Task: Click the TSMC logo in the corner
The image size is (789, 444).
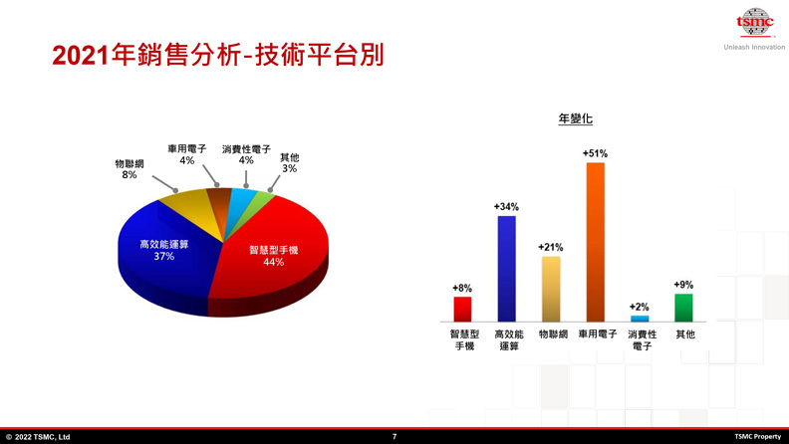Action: click(754, 22)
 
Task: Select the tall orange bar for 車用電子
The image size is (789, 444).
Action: click(595, 241)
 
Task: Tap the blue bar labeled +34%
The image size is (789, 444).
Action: click(506, 268)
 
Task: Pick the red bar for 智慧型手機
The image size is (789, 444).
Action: click(462, 309)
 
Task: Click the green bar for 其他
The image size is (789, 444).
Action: click(683, 308)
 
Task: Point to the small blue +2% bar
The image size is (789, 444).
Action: click(640, 319)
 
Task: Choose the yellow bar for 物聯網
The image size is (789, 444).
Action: click(550, 289)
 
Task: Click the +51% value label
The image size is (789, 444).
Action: click(595, 154)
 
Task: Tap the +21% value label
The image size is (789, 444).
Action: click(550, 247)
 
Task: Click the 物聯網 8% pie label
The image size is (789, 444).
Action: click(130, 169)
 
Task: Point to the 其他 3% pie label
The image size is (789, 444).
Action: click(289, 162)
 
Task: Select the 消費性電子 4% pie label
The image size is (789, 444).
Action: click(246, 154)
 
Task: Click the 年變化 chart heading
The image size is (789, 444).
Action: click(576, 118)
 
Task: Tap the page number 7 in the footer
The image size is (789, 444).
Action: click(394, 436)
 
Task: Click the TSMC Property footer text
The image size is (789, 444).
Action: click(757, 436)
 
